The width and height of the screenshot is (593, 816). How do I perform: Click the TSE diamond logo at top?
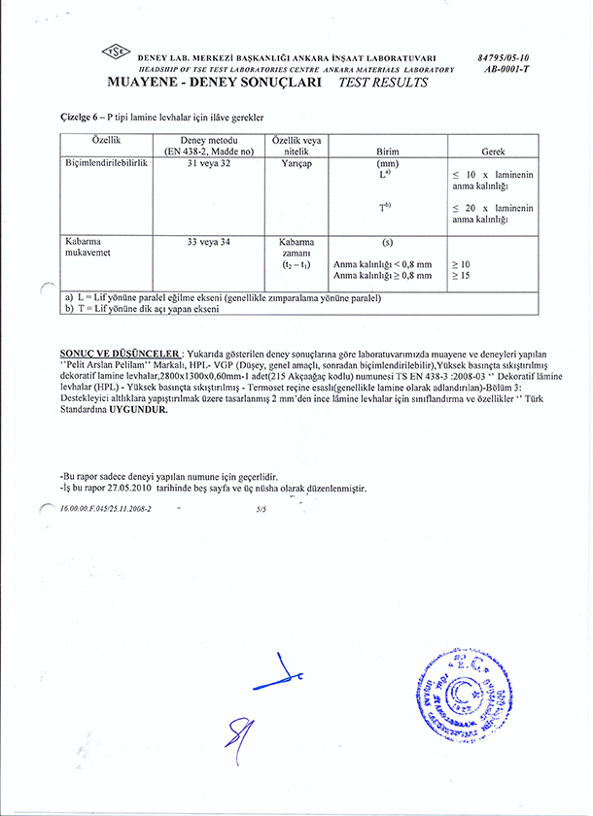[x=116, y=54]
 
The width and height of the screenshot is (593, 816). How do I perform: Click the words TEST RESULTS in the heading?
[x=382, y=84]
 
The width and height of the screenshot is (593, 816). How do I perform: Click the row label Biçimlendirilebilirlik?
[x=106, y=165]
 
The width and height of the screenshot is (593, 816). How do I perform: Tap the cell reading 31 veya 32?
[x=212, y=165]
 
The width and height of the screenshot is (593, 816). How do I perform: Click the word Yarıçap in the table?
[x=295, y=165]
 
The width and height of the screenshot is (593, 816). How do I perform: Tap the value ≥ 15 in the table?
[x=460, y=276]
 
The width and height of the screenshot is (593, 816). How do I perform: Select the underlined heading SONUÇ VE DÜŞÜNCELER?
[x=120, y=354]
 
